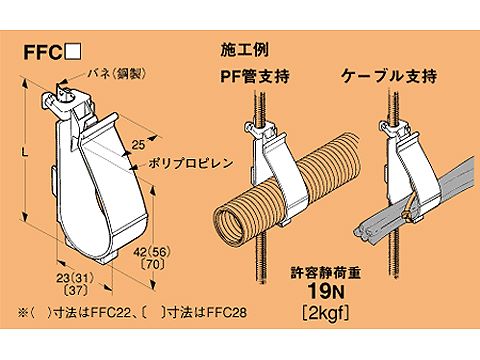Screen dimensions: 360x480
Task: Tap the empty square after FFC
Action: coord(72,52)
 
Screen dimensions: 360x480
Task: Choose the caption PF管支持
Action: coord(248,76)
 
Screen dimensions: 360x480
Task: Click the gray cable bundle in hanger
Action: coord(400,216)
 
